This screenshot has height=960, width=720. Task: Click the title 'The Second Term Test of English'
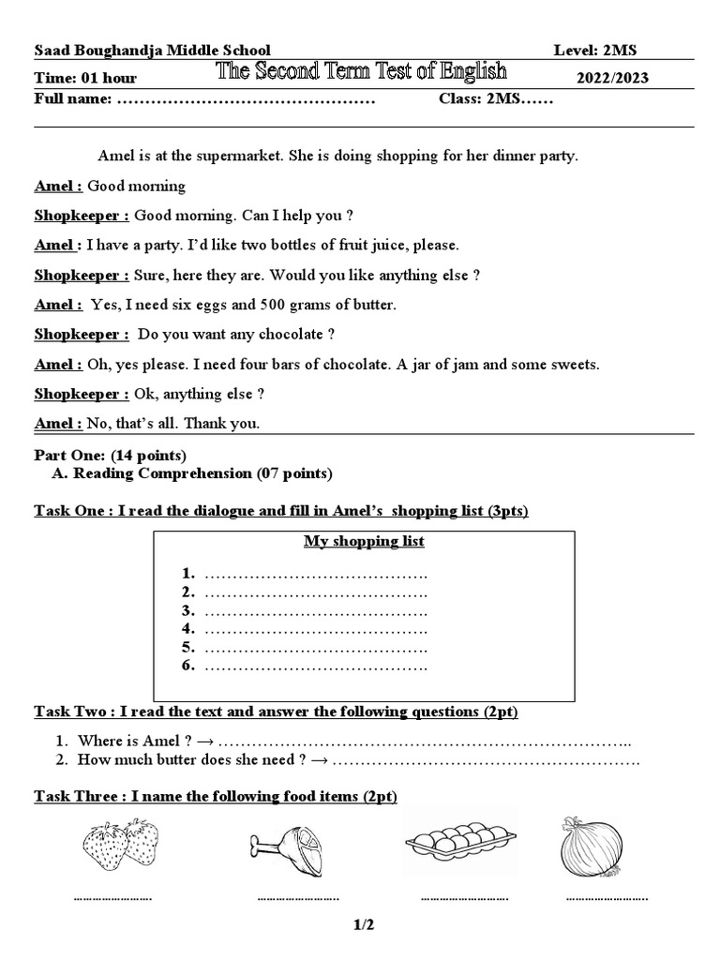(362, 71)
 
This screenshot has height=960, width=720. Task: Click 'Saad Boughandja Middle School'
(152, 51)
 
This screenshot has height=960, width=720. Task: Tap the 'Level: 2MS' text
(602, 51)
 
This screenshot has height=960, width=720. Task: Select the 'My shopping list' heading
(364, 542)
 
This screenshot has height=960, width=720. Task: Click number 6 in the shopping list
(187, 666)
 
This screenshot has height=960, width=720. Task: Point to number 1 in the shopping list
(187, 573)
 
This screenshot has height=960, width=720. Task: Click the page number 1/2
(364, 925)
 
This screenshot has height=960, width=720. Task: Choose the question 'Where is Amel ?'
(129, 741)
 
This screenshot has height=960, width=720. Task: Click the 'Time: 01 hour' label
(85, 78)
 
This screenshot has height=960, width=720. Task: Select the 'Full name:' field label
(73, 99)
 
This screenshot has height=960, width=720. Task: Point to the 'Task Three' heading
(78, 797)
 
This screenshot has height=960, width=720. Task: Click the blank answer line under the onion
(607, 898)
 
